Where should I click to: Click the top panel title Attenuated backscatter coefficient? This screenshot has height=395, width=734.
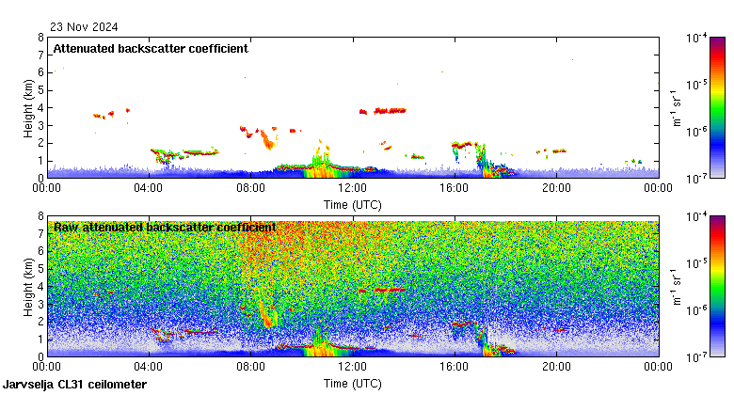point(151,48)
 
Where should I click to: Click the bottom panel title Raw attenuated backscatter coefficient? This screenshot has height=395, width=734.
point(165,227)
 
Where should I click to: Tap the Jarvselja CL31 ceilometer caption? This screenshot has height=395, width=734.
point(75,385)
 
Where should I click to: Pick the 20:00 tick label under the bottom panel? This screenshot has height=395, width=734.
point(555,367)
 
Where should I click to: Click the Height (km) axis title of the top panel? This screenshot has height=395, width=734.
point(29,107)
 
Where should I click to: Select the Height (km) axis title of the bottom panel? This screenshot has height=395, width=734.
point(29,286)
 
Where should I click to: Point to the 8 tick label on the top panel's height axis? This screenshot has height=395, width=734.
point(40,38)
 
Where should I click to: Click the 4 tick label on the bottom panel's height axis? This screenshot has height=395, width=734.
point(40,286)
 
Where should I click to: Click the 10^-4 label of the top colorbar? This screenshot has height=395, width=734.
point(697,38)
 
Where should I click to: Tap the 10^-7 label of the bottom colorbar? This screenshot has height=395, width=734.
point(697,355)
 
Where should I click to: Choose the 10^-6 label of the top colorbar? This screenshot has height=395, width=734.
point(697,132)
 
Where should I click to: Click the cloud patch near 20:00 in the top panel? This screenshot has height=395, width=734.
point(558,150)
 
